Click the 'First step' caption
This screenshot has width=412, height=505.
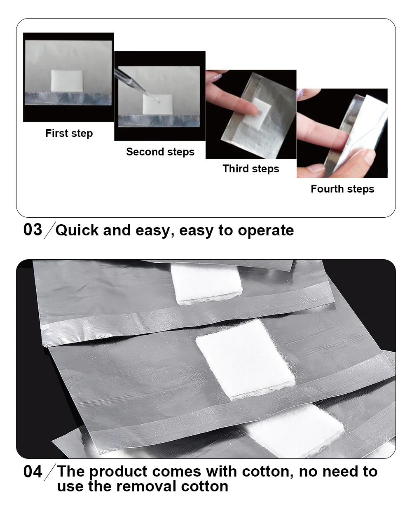[x=69, y=133]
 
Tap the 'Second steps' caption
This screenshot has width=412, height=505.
[x=160, y=152]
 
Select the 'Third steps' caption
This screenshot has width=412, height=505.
[x=251, y=169]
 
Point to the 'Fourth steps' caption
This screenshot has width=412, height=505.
[x=342, y=189]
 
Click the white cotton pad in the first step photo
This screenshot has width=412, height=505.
[x=67, y=80]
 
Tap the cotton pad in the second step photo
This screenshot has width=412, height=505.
[x=158, y=104]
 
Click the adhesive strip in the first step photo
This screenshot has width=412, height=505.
[x=68, y=99]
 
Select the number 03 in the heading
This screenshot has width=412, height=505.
[x=33, y=230]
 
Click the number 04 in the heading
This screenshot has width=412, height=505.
[x=33, y=472]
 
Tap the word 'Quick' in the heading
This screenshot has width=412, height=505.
[x=77, y=230]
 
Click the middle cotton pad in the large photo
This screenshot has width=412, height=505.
[x=245, y=359]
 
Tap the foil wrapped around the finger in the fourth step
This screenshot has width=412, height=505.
[x=356, y=134]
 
